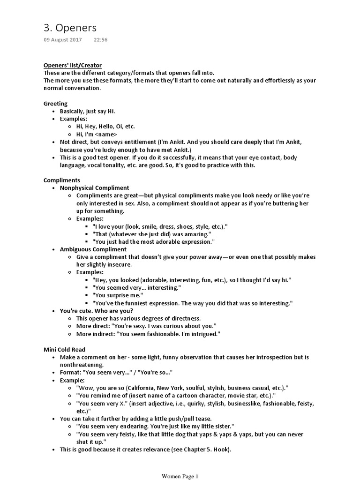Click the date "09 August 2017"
click(62, 40)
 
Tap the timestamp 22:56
click(100, 40)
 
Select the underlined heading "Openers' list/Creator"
click(73, 65)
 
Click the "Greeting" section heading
click(55, 104)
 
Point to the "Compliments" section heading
click(62, 180)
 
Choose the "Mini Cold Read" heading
click(65, 349)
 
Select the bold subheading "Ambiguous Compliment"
click(93, 249)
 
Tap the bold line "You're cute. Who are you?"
click(97, 311)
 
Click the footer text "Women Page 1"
click(180, 476)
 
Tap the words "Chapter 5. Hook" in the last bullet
click(206, 449)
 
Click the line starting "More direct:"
click(146, 326)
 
